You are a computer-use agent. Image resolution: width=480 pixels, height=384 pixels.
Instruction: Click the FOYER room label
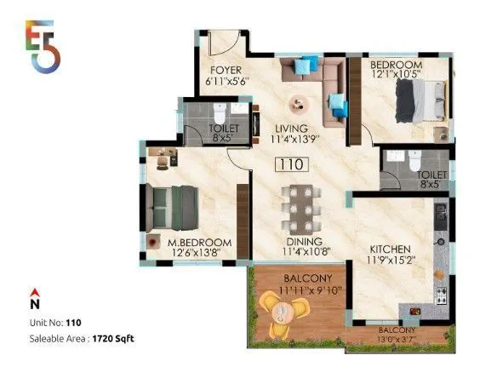(x=225, y=71)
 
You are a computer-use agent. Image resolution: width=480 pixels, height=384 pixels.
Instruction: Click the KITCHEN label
(x=391, y=249)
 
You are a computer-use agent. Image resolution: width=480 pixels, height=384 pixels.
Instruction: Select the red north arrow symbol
(x=34, y=291)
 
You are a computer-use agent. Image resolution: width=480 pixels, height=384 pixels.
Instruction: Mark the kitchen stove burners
(x=442, y=295)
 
